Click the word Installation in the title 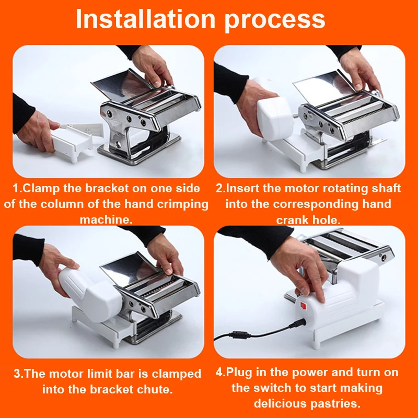[145, 19]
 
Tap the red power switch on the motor [304, 306]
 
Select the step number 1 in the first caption [16, 189]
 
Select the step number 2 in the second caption [219, 188]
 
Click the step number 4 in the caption [219, 372]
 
